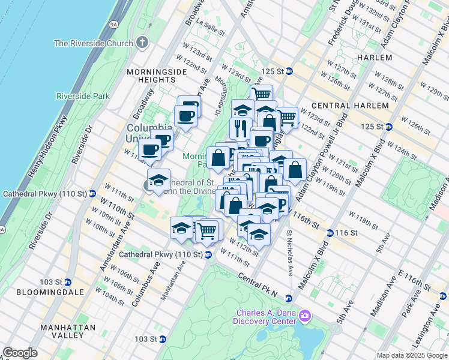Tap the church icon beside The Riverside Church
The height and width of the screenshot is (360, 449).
click(142, 43)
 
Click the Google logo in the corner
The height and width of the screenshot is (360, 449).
click(20, 353)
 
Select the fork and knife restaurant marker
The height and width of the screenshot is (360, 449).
click(239, 128)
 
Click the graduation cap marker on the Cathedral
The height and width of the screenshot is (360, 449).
click(158, 180)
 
